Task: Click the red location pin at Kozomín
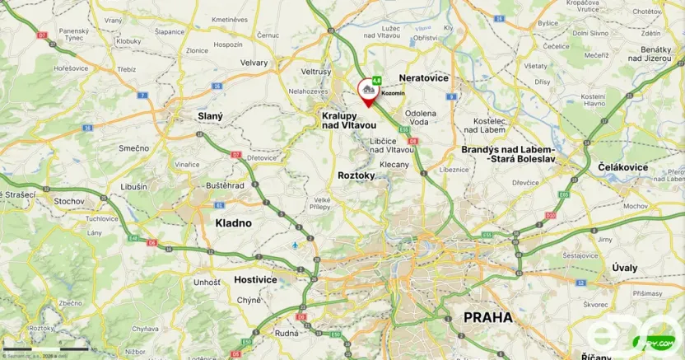(366, 89)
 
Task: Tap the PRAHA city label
(487, 316)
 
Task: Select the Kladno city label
(233, 222)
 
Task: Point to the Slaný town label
(210, 117)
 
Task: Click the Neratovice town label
(424, 77)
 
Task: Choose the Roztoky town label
(356, 175)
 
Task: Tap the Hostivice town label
(255, 279)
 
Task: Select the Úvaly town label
(625, 268)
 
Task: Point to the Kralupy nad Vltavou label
(349, 121)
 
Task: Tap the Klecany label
(394, 165)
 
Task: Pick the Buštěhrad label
(225, 185)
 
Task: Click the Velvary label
(254, 62)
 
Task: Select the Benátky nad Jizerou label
(650, 55)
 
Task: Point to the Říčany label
(595, 355)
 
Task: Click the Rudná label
(287, 334)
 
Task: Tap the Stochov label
(69, 201)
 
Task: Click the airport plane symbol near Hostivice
(296, 245)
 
